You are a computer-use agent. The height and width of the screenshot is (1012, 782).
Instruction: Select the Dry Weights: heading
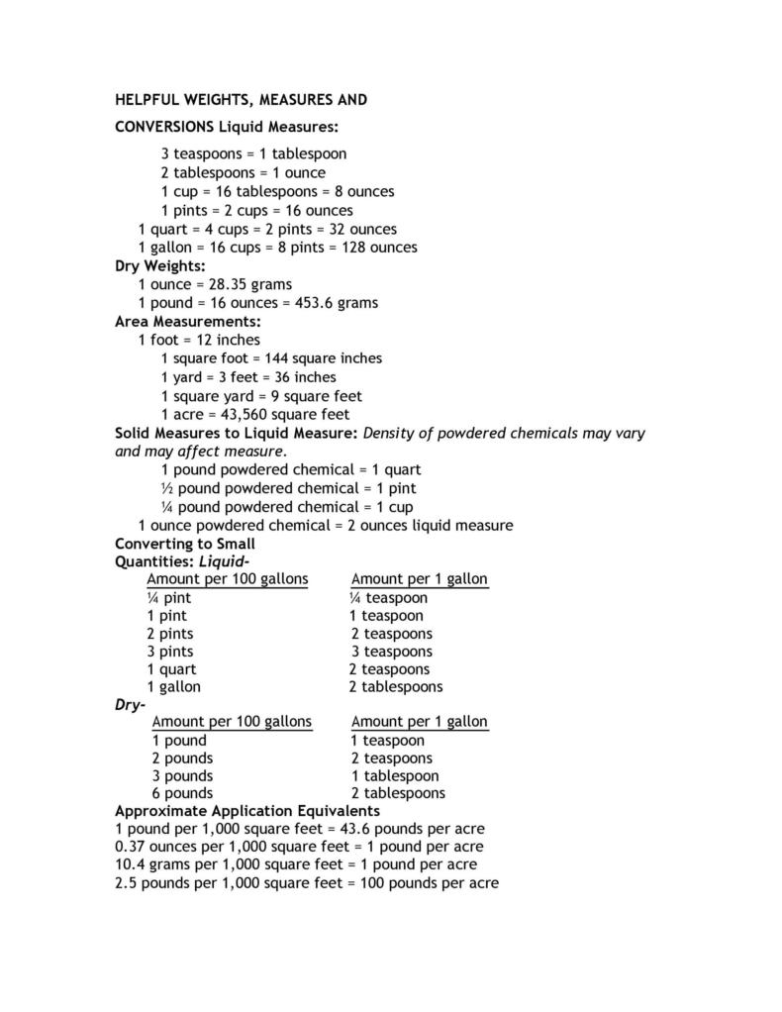(x=160, y=266)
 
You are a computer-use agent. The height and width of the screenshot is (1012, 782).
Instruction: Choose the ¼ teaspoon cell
(x=388, y=598)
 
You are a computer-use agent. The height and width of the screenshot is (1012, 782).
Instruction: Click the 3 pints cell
(x=170, y=652)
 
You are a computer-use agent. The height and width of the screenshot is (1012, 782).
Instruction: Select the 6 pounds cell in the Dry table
(x=182, y=793)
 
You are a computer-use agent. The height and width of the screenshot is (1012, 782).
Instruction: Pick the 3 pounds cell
(x=182, y=775)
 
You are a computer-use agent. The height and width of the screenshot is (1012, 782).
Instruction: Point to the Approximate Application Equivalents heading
(x=247, y=811)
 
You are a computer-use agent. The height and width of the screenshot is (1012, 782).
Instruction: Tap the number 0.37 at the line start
(x=132, y=847)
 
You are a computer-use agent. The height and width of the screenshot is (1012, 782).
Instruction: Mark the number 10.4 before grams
(x=132, y=864)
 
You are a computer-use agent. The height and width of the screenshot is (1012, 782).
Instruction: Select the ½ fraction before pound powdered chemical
(x=166, y=489)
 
